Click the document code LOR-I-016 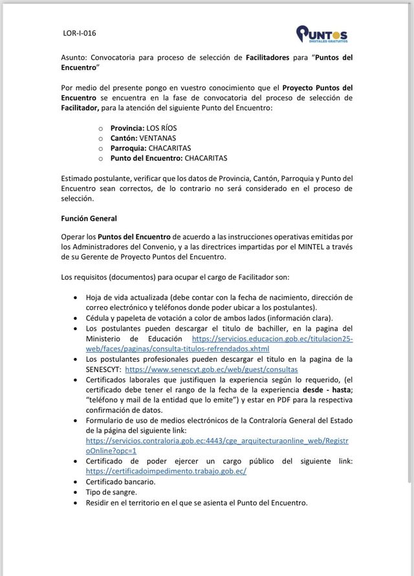tap(80, 33)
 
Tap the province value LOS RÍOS tap(161, 128)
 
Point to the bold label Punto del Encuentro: tap(146, 157)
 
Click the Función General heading tap(89, 218)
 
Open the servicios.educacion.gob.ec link tap(272, 338)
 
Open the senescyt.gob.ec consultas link tap(212, 369)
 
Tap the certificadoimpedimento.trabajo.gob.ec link tap(166, 471)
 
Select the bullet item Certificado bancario tap(120, 482)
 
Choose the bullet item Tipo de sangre tap(111, 492)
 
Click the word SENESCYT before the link tap(103, 369)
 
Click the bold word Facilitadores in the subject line tap(267, 58)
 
